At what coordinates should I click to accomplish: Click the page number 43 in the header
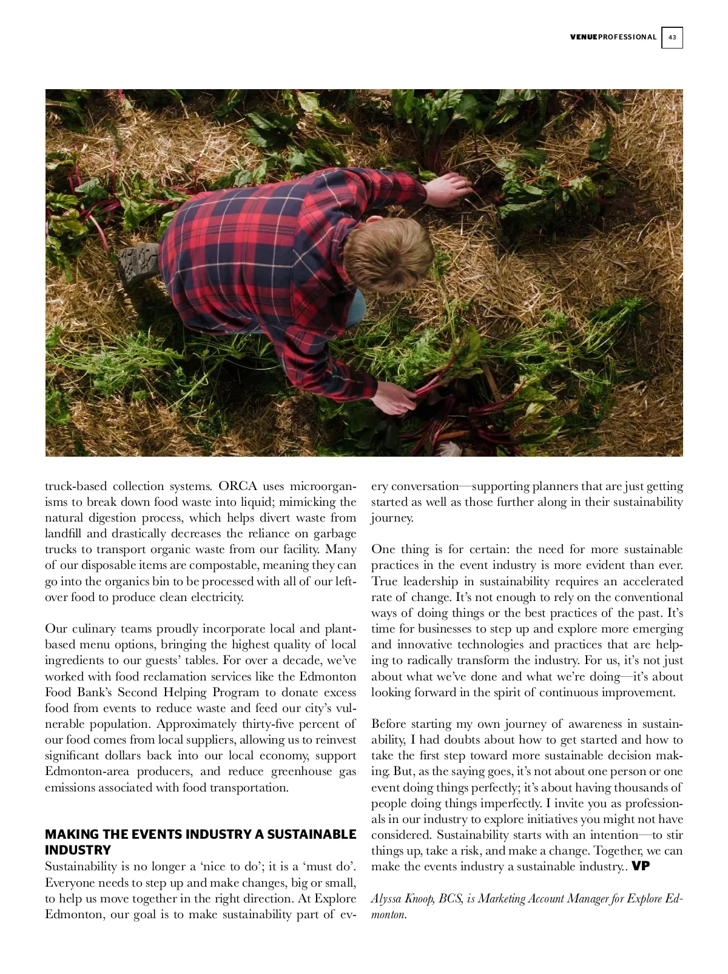pyautogui.click(x=672, y=38)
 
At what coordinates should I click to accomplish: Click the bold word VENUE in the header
pyautogui.click(x=584, y=38)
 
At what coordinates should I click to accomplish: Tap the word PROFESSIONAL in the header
pyautogui.click(x=627, y=38)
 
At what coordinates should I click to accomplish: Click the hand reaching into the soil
pyautogui.click(x=450, y=188)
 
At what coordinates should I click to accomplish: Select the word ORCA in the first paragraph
pyautogui.click(x=238, y=486)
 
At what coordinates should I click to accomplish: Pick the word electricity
pyautogui.click(x=213, y=597)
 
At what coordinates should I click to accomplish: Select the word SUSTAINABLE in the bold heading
pyautogui.click(x=311, y=835)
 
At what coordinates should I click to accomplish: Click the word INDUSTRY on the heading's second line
pyautogui.click(x=78, y=850)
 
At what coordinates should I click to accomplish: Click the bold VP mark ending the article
pyautogui.click(x=641, y=866)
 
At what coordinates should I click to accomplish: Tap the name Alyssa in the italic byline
pyautogui.click(x=386, y=899)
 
